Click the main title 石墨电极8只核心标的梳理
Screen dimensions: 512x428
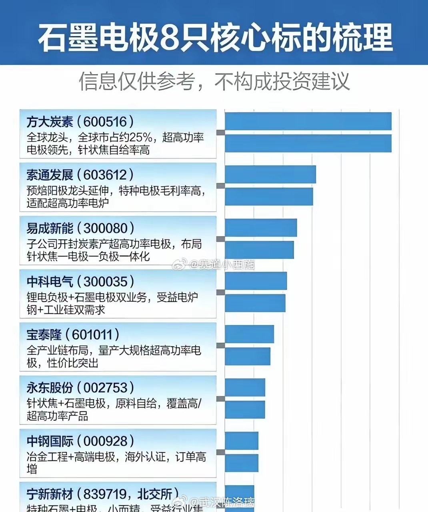point(215,38)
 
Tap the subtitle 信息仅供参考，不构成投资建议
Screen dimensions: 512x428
point(214,81)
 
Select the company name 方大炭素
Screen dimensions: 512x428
point(50,122)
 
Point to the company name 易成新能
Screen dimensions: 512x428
point(50,228)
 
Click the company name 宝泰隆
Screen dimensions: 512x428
point(44,335)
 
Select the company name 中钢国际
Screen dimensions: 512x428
point(50,441)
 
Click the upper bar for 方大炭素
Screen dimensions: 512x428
point(308,122)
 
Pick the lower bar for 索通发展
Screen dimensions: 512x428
point(269,196)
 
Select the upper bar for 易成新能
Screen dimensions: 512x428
point(261,228)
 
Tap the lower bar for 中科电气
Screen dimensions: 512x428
point(255,303)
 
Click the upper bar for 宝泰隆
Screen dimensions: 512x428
point(250,334)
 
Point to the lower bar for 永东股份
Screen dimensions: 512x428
point(245,409)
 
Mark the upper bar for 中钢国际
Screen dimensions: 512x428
point(242,440)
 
